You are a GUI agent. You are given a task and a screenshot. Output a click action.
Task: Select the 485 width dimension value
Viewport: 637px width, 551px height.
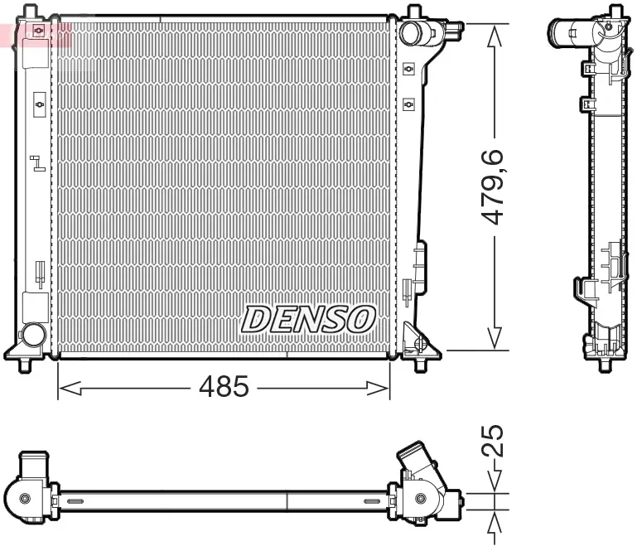tap(223, 386)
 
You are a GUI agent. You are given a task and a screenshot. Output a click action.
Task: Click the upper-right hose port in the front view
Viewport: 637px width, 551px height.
tap(411, 33)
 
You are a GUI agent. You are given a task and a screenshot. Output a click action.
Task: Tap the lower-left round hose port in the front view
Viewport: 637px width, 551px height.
tap(33, 335)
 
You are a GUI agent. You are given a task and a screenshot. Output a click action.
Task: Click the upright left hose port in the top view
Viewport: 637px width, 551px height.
tap(36, 466)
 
